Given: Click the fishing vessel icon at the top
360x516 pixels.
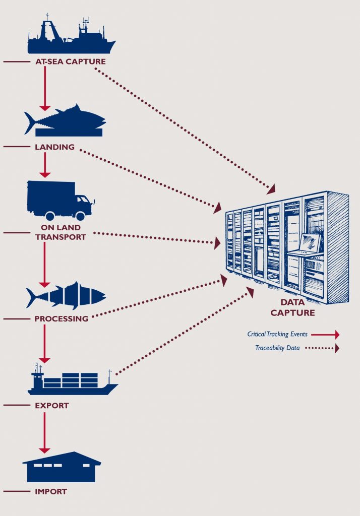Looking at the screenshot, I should tap(71, 38).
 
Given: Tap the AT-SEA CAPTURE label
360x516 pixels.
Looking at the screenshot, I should tap(71, 62).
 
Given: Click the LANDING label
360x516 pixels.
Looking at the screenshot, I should tap(55, 147).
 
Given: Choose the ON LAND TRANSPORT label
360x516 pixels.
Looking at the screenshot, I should tap(61, 232).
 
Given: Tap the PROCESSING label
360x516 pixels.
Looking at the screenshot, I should tap(61, 318).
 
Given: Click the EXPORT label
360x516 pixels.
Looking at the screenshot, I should tap(52, 405).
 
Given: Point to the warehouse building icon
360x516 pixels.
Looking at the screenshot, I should tap(62, 468).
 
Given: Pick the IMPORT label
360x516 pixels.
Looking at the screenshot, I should tap(50, 491).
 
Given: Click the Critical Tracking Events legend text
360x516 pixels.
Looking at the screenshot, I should tap(277, 334).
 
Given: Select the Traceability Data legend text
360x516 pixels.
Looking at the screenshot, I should tap(280, 348).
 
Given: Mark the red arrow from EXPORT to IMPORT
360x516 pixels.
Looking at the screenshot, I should tap(45, 432).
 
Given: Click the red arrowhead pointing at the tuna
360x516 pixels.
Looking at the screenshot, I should tap(45, 107).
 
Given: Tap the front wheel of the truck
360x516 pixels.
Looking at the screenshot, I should tap(79, 216).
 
